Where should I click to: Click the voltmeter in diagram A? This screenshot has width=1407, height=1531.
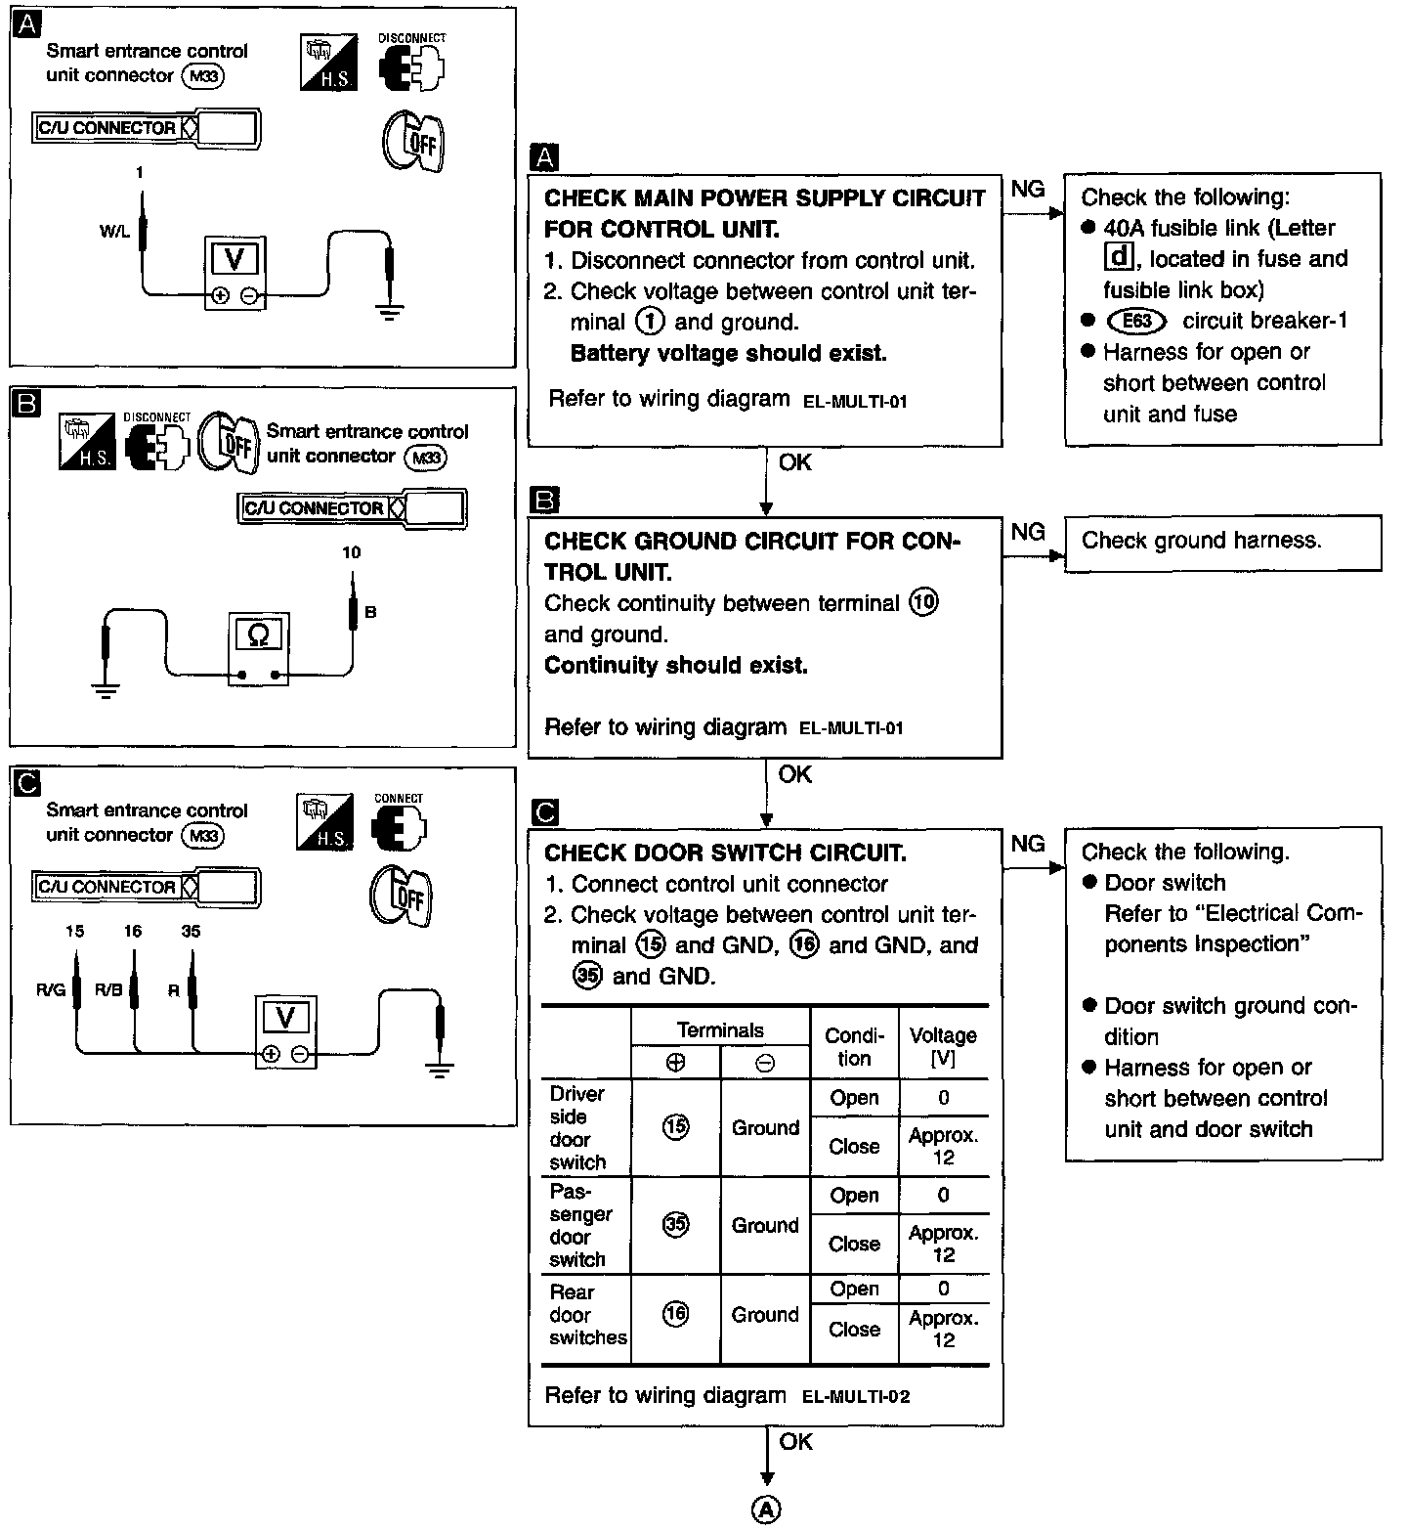234,273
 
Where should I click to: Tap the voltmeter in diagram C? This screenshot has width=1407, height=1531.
285,1032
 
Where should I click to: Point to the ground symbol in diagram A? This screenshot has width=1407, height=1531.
390,313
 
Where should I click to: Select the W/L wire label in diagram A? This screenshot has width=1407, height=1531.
114,233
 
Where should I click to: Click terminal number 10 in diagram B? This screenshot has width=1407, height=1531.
352,552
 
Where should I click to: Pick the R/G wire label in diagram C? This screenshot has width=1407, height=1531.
50,989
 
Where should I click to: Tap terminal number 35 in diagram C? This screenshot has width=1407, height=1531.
191,932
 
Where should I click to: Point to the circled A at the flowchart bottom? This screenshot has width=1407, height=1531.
766,1509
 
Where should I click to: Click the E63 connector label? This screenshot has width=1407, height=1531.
1137,322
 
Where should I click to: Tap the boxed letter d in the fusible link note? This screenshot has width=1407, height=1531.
1116,258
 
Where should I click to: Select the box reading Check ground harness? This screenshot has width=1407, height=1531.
1222,543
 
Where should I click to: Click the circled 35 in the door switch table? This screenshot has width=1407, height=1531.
675,1224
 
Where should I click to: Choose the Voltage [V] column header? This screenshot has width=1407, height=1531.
943,1046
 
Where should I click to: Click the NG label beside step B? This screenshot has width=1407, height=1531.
1028,532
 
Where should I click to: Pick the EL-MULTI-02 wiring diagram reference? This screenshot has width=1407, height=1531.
855,1397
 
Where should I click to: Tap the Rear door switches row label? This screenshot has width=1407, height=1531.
586,1315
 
